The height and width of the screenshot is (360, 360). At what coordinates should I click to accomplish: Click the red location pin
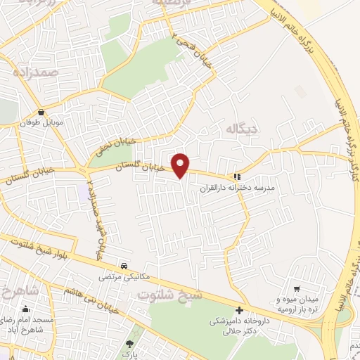click(181, 165)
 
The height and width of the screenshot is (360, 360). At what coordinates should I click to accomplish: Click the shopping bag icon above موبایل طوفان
click(43, 111)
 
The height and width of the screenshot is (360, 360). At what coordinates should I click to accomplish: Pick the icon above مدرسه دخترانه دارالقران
click(237, 176)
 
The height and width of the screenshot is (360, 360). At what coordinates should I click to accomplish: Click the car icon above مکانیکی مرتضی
click(124, 266)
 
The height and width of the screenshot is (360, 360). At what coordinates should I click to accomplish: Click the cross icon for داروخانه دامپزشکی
click(240, 310)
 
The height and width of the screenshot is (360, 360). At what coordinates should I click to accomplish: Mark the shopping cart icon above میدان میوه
click(297, 288)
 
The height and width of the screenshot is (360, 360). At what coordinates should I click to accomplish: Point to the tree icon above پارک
click(129, 343)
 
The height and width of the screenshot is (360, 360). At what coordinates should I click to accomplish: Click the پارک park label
click(129, 355)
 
